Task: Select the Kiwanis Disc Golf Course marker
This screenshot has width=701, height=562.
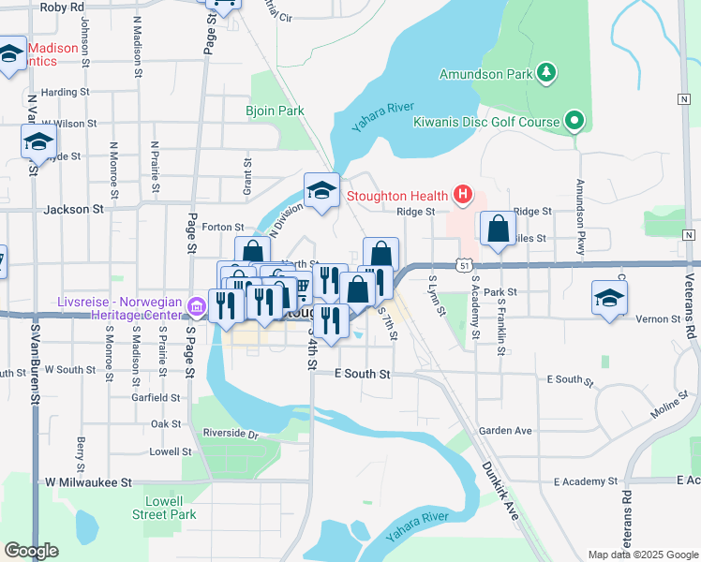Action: click(574, 121)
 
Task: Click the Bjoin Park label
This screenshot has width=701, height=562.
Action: click(276, 111)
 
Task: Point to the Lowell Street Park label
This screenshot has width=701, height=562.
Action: click(164, 508)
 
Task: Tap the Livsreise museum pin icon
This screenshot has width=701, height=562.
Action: click(196, 306)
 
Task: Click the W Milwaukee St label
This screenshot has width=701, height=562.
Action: click(89, 481)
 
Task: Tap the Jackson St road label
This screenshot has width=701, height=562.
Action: click(72, 210)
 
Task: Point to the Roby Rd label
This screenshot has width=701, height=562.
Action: click(63, 7)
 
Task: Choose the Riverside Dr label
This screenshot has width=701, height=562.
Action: click(231, 434)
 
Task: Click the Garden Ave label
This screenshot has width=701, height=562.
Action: click(505, 431)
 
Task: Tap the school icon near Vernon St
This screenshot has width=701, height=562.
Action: click(609, 299)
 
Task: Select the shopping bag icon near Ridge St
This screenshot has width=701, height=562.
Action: click(499, 229)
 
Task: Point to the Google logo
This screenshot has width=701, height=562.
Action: click(31, 551)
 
